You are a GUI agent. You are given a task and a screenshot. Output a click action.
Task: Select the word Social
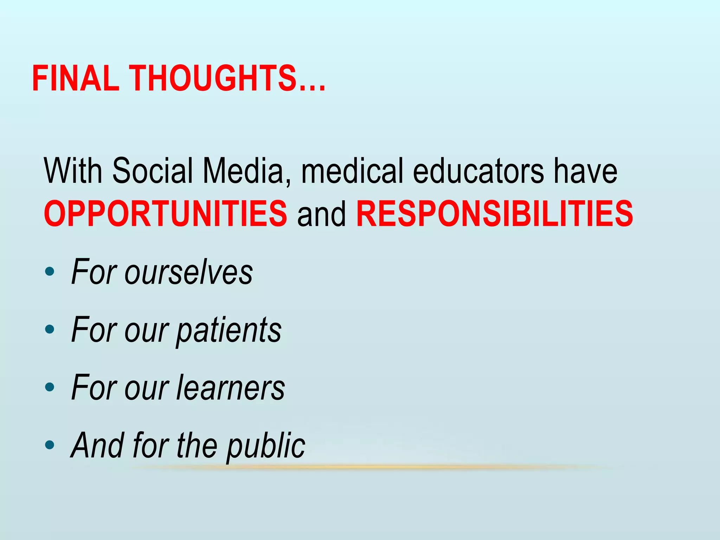click(x=153, y=171)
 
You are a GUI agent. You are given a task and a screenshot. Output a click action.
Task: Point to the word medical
click(x=352, y=171)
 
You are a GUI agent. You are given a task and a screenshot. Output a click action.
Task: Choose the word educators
click(x=478, y=171)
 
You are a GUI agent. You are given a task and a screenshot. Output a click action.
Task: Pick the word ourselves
click(x=188, y=272)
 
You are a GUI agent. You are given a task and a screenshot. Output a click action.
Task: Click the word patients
click(x=229, y=330)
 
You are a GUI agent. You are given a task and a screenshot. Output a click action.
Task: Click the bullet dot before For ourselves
click(x=50, y=271)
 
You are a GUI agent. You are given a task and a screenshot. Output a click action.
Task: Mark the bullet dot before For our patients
click(x=50, y=329)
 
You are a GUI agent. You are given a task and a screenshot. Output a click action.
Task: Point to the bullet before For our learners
click(x=50, y=387)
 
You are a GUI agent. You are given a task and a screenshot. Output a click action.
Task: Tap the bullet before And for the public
click(x=50, y=445)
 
